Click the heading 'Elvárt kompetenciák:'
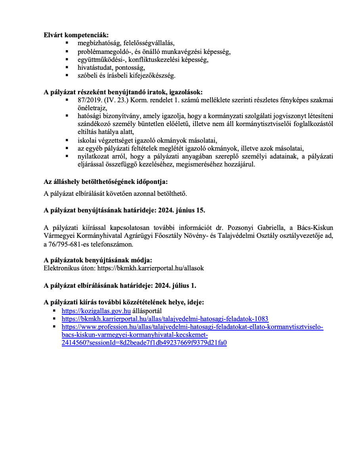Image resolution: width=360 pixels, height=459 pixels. click(x=76, y=34)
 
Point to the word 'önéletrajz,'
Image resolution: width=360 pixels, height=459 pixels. click(x=93, y=108)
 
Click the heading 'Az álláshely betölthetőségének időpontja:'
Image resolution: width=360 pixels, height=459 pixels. click(x=105, y=182)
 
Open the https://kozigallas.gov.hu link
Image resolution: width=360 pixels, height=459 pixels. click(x=96, y=310)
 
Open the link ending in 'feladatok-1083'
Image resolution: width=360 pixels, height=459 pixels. click(x=165, y=319)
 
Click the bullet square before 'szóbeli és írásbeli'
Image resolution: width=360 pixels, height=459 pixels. click(x=67, y=75)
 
